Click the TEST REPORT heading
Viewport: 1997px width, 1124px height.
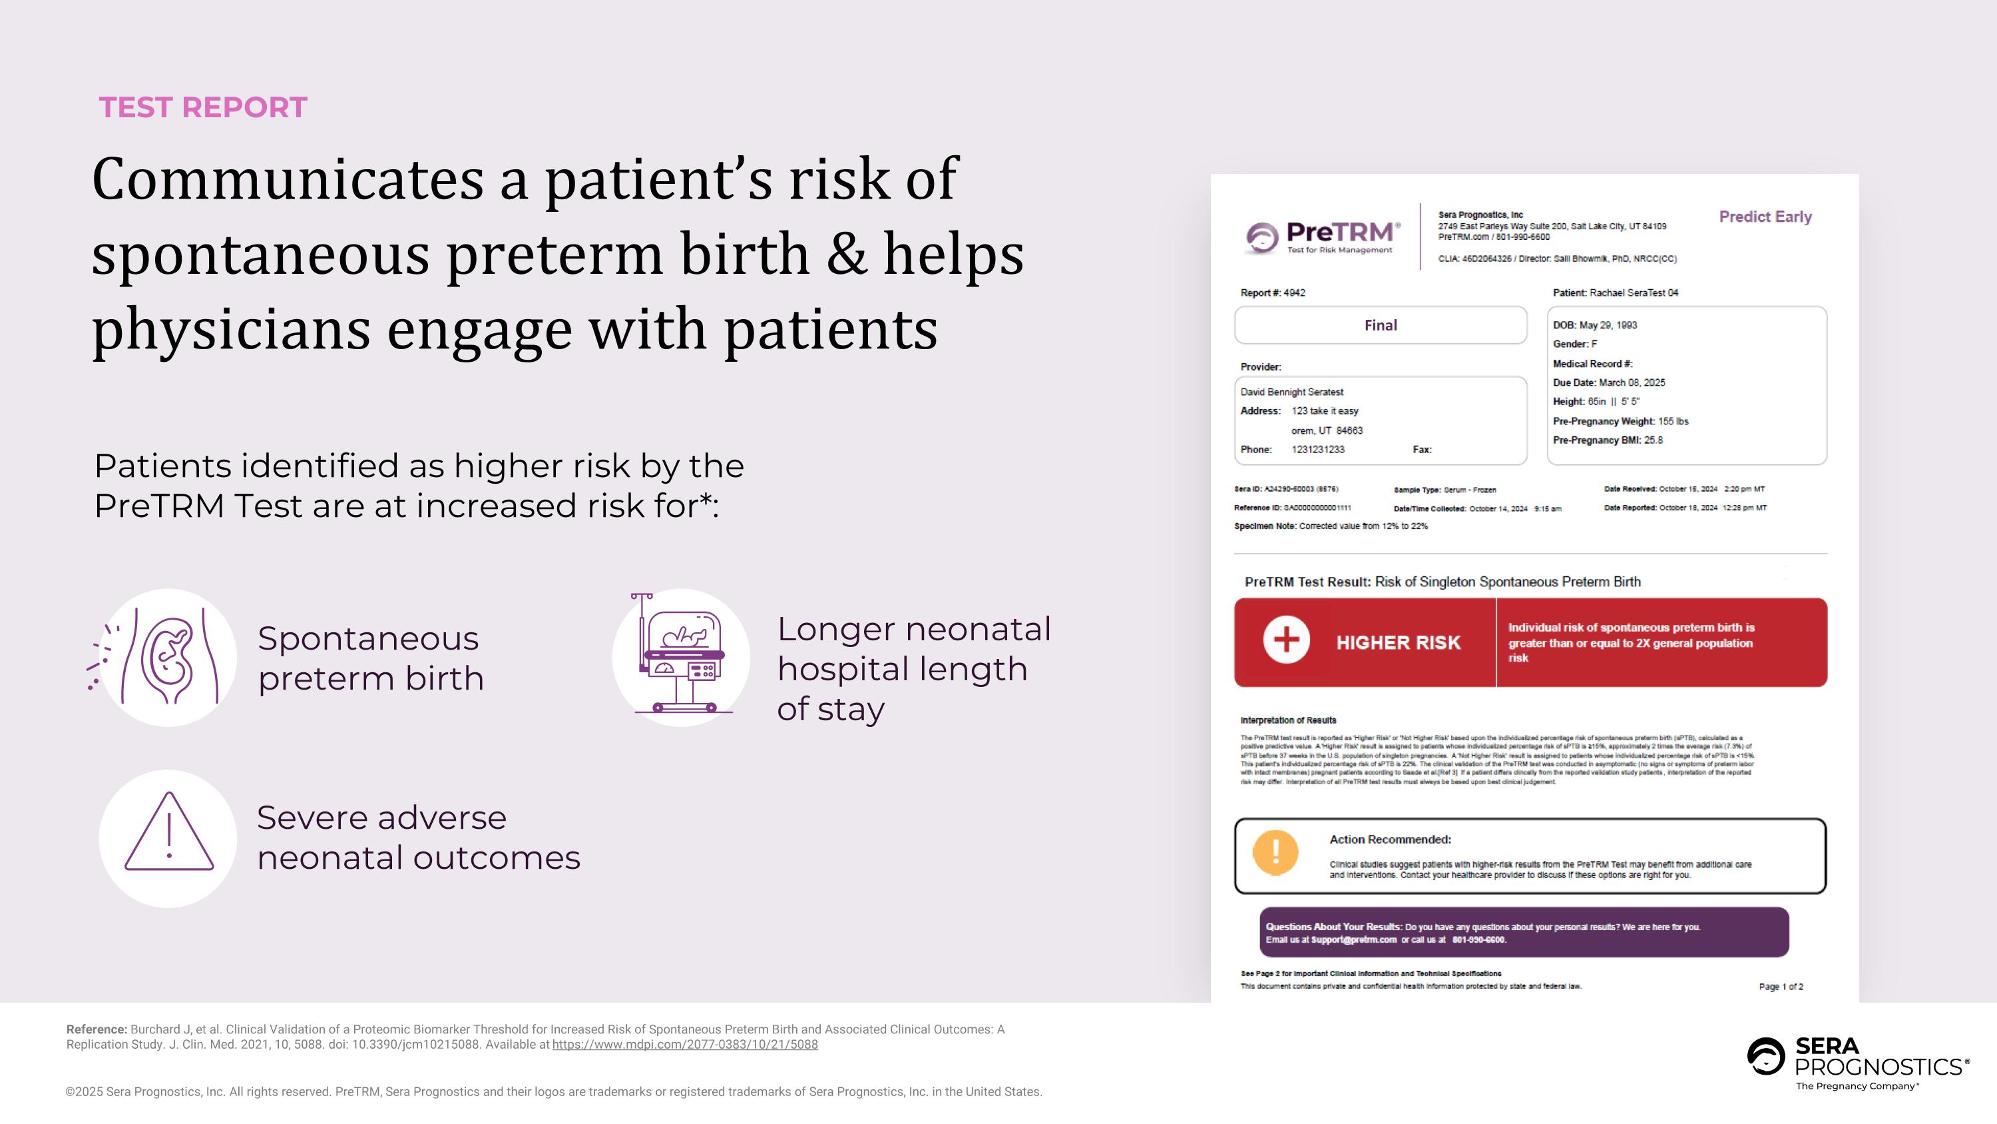203,107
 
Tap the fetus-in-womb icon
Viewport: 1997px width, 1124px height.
168,657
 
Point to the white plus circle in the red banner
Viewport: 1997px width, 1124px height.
1286,640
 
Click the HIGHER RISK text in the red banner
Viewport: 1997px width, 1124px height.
1398,642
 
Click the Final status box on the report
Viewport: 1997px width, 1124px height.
1380,325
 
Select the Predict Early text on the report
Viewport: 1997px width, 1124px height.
1765,217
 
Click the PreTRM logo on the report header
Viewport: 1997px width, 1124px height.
1323,236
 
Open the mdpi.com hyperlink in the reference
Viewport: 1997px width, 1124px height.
684,1044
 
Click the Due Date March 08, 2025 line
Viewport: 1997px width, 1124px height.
1609,382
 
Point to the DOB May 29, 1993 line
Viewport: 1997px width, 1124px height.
1595,325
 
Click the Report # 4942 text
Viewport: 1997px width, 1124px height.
1272,292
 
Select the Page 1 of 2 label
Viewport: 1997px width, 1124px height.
1781,987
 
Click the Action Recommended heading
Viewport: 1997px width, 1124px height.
1390,840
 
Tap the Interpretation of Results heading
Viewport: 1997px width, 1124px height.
1287,720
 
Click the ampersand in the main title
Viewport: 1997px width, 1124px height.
846,254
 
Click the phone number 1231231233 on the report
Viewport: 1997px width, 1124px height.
1317,449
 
